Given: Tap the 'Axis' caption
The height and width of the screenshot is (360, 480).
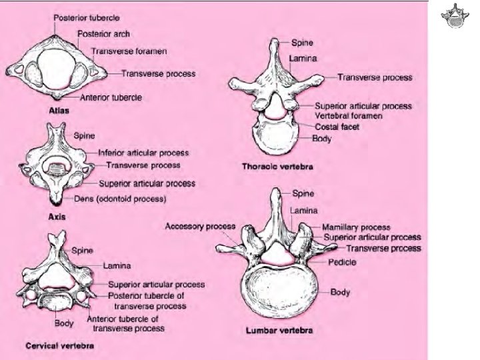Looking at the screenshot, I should [55, 217].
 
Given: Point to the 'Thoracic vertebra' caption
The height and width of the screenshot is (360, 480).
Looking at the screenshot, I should [279, 167].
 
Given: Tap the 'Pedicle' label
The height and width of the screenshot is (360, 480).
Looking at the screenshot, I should [342, 262].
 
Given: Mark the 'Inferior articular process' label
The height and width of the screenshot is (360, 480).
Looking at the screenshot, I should [143, 153].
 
